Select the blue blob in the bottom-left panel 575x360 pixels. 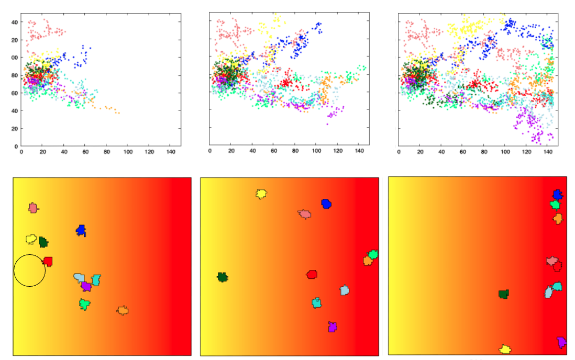[81, 230]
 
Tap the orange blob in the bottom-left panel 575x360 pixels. [123, 310]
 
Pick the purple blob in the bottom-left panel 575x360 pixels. [86, 286]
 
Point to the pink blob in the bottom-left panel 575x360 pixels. [33, 208]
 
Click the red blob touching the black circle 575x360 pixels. [48, 261]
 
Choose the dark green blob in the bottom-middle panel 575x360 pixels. [223, 277]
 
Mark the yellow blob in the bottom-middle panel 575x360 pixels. [261, 194]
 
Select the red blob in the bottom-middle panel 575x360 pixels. [312, 274]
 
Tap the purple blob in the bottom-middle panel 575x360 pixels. [332, 327]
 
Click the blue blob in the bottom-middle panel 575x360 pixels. [326, 204]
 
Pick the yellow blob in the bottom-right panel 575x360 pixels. [505, 349]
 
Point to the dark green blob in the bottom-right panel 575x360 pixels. [504, 294]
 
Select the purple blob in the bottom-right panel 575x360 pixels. [561, 342]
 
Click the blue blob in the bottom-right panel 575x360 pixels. [557, 195]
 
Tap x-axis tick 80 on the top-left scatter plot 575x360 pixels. [106, 152]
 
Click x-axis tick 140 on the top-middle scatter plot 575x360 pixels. [359, 152]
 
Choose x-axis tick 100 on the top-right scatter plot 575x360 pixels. [505, 152]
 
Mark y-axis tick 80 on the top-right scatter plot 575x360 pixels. [391, 75]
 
